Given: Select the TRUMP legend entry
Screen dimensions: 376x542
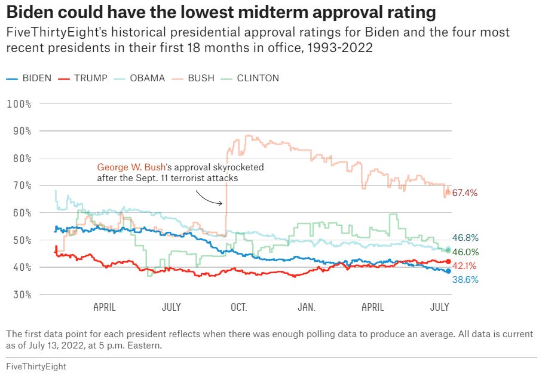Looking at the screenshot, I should pos(84,78).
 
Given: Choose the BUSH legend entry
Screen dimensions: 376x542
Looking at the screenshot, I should pos(195,78).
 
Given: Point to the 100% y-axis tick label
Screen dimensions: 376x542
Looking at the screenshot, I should pos(19,104).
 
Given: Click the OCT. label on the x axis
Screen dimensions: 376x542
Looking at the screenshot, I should pos(238,307).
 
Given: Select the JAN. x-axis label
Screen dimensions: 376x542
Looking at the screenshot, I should pos(306,307).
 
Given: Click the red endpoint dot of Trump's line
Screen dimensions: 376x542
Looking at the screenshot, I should pos(448,262).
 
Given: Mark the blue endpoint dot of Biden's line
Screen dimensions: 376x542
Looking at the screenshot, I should pos(448,271).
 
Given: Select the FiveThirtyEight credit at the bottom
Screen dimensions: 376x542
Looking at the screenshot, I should pos(36,366).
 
